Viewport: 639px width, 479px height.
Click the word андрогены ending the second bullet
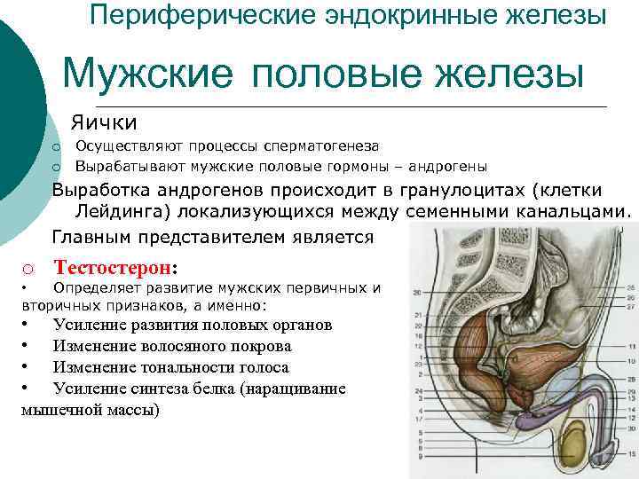(448, 167)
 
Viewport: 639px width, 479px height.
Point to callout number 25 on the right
(631, 287)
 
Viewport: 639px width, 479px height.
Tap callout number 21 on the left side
(418, 315)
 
